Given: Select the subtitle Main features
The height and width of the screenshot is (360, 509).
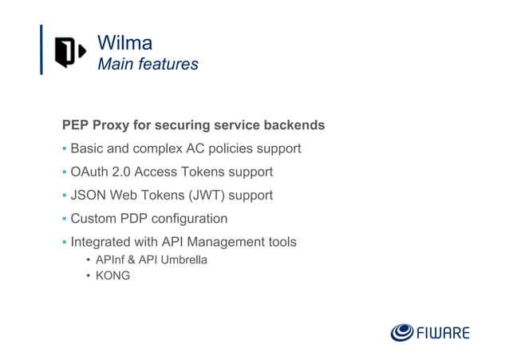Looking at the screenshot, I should [148, 64].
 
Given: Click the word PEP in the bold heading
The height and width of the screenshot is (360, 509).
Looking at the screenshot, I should [76, 125].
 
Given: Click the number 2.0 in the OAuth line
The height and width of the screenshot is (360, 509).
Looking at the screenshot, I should [122, 172].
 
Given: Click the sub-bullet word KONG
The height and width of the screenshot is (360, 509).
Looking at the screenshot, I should [112, 275].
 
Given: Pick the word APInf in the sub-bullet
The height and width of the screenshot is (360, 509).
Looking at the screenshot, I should [112, 259].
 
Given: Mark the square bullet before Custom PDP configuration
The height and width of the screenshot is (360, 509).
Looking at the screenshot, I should [65, 218].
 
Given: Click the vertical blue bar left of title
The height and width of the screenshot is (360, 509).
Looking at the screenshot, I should [41, 49].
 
